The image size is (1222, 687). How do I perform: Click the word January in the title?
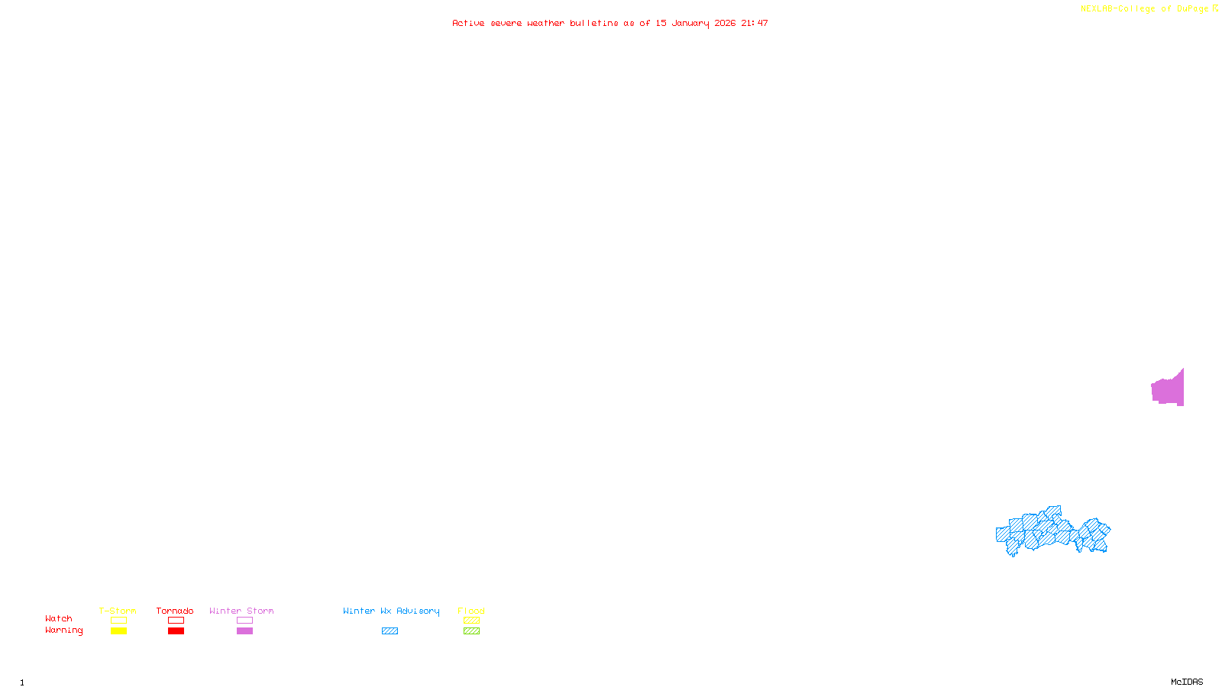690,23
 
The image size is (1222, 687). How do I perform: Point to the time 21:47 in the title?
754,23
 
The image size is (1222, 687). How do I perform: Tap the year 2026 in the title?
725,23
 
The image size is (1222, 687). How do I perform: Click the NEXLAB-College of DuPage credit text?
1144,9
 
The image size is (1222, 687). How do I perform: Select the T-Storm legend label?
118,611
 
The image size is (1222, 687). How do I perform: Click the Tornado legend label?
175,611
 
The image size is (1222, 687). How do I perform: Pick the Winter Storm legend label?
241,611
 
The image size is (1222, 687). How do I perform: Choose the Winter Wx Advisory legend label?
391,611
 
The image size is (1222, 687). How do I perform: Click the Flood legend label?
471,611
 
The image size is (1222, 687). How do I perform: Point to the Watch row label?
59,619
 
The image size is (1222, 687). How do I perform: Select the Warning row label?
63,631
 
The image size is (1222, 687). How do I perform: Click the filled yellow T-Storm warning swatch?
118,631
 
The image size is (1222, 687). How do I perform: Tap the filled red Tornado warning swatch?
176,631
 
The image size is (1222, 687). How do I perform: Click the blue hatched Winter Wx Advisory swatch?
390,631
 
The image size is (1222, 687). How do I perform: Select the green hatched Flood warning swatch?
472,631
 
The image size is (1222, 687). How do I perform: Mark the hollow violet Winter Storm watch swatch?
244,621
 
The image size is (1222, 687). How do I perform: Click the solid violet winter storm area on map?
1169,390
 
